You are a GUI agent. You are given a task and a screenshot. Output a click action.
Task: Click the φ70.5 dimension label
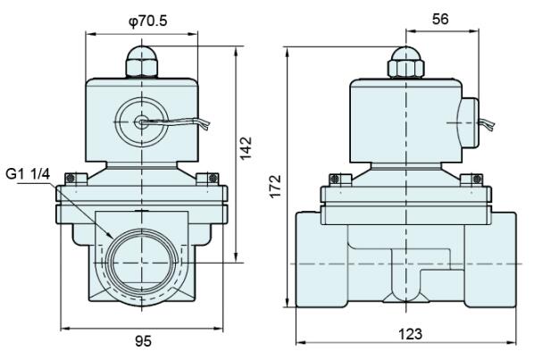148,21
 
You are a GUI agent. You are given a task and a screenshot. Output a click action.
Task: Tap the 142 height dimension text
246,147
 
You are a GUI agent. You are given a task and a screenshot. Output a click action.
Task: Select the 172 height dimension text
275,186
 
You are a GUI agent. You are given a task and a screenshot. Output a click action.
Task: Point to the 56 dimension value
440,19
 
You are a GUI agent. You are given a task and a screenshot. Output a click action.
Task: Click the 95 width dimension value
144,341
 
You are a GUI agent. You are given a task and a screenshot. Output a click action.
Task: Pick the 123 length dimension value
410,334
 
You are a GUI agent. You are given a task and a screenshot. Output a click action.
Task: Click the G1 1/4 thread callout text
28,174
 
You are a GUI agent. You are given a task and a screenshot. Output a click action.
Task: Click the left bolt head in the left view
76,179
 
